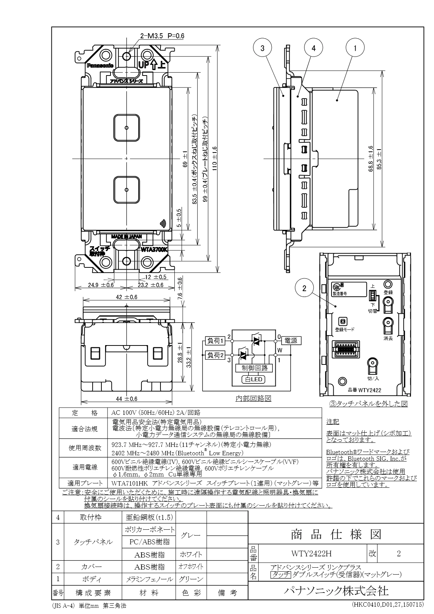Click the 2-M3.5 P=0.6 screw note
[x=162, y=36]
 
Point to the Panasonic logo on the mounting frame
[x=100, y=66]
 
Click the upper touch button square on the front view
[x=126, y=128]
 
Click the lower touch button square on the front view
[x=126, y=190]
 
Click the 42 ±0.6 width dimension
[x=127, y=297]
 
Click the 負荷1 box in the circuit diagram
[x=216, y=341]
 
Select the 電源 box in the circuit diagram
[x=291, y=341]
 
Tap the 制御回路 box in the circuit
[x=255, y=368]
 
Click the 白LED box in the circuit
[x=254, y=379]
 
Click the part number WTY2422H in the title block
[x=311, y=553]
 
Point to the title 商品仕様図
[x=336, y=534]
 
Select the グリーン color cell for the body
[x=191, y=579]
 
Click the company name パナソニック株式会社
[x=336, y=591]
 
